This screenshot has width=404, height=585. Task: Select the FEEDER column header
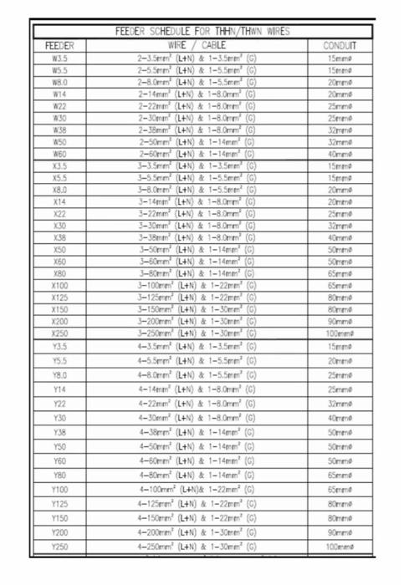click(x=59, y=45)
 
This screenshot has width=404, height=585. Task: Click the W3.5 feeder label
click(x=59, y=59)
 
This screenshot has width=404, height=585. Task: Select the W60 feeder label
click(x=59, y=154)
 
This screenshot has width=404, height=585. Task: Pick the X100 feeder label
click(x=59, y=285)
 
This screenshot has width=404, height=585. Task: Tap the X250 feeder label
click(x=59, y=333)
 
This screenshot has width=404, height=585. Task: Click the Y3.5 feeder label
click(x=59, y=346)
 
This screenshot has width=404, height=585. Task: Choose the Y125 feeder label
click(x=59, y=504)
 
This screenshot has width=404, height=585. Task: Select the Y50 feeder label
click(x=59, y=446)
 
